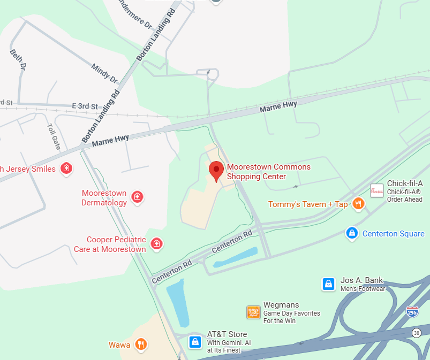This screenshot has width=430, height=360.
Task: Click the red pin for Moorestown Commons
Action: (216, 171)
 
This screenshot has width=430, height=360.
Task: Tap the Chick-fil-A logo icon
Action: (377, 191)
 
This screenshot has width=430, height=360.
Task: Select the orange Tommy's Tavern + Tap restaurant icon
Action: (358, 204)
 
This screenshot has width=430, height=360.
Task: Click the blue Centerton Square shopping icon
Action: (352, 233)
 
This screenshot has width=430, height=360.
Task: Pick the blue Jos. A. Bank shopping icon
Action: (328, 284)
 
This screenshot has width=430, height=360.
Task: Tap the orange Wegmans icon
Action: (253, 312)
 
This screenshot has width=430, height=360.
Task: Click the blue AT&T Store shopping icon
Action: (195, 341)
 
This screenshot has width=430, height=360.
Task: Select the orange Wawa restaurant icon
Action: (141, 344)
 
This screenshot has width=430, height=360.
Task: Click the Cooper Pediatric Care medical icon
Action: (156, 244)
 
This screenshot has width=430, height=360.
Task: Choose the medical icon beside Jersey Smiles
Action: (66, 169)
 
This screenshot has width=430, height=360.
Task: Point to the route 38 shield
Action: (417, 333)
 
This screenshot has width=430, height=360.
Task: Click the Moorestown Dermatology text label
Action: (104, 198)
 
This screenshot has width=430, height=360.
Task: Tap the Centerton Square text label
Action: (393, 234)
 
